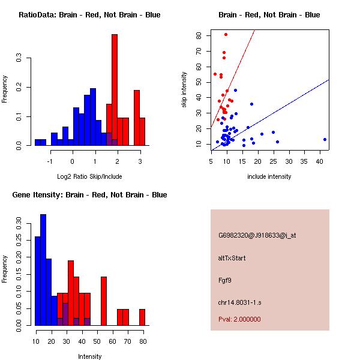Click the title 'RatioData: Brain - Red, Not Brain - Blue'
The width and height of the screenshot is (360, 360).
click(x=89, y=14)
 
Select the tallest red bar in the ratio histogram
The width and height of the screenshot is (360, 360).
click(x=115, y=90)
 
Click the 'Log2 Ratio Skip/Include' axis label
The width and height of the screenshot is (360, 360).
click(x=89, y=176)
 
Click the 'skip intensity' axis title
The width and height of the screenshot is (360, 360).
click(x=184, y=90)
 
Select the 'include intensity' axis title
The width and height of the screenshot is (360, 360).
click(x=269, y=176)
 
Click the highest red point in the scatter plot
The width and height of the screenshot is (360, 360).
click(x=226, y=34)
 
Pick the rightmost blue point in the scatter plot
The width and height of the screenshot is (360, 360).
click(x=325, y=139)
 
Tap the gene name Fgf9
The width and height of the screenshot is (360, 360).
click(x=224, y=280)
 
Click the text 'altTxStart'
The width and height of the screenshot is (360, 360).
click(x=232, y=258)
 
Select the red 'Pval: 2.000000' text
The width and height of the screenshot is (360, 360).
click(x=239, y=319)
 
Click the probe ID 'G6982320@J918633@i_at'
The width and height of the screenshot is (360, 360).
click(x=257, y=235)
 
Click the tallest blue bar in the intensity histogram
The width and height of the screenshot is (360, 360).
click(x=43, y=270)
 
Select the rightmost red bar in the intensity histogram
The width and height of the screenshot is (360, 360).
click(x=142, y=317)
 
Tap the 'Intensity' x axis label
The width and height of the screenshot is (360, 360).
click(x=90, y=356)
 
